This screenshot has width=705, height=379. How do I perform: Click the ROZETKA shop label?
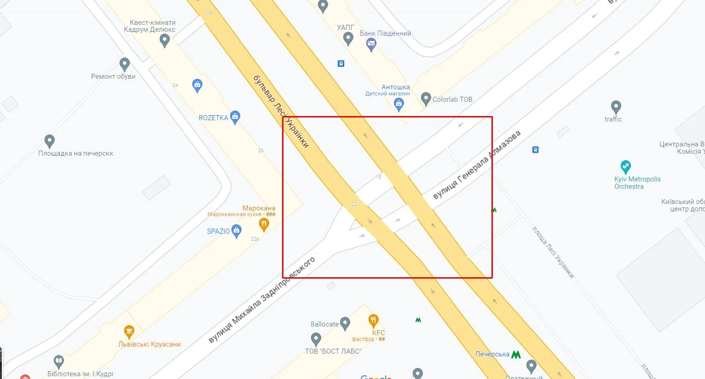[x=214, y=118]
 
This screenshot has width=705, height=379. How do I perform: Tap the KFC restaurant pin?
[x=374, y=321]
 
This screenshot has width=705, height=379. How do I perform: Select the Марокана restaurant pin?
[x=264, y=225]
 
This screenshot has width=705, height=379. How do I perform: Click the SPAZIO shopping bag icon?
[x=237, y=231]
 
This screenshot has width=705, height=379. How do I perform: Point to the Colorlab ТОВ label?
[x=452, y=99]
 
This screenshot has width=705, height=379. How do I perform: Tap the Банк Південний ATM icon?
[x=371, y=45]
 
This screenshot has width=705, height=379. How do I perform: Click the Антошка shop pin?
[x=399, y=105]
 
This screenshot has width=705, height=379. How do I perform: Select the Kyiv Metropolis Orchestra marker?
[x=625, y=167]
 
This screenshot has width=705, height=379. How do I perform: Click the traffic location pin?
[x=616, y=108]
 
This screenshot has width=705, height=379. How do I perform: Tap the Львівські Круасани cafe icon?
[x=129, y=332]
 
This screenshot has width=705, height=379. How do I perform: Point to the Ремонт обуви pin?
[x=124, y=64]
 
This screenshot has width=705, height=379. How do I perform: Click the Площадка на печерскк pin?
[x=50, y=141]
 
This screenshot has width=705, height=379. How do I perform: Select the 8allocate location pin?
[x=345, y=324]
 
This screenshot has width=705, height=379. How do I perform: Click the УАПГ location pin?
[x=348, y=39]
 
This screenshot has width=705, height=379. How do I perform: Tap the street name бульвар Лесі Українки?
[x=281, y=111]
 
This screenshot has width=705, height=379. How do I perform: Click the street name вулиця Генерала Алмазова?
[x=477, y=165]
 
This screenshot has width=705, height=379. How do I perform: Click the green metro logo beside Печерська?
[x=516, y=355]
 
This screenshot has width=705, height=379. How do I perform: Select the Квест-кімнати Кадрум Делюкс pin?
[x=164, y=41]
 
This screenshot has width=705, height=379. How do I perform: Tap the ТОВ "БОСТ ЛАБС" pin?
[x=316, y=339]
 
